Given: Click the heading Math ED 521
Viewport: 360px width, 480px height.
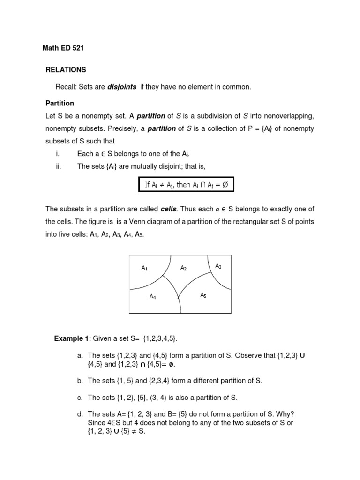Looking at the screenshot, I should pyautogui.click(x=63, y=48).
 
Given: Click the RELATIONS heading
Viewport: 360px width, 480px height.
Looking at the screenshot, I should pyautogui.click(x=66, y=70).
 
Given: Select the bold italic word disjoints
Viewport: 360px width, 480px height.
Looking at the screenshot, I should pyautogui.click(x=122, y=87).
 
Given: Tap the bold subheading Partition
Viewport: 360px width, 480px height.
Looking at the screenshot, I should pyautogui.click(x=60, y=103).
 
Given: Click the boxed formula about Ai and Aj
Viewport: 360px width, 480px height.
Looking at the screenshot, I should pyautogui.click(x=186, y=185).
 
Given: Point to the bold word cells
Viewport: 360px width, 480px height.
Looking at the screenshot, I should pyautogui.click(x=169, y=209).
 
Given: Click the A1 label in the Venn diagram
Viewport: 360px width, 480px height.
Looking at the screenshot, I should pyautogui.click(x=145, y=268).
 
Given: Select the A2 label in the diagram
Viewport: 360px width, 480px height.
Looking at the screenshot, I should pyautogui.click(x=184, y=268).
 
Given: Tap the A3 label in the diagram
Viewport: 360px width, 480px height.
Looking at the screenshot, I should pyautogui.click(x=218, y=266).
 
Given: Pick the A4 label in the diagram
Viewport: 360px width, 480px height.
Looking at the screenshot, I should pyautogui.click(x=153, y=296).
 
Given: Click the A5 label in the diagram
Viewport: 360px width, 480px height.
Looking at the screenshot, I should pyautogui.click(x=203, y=295).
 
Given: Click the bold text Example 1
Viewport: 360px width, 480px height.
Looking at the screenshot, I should pyautogui.click(x=71, y=338).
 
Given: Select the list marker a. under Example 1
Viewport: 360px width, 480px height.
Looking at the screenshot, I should pyautogui.click(x=81, y=356).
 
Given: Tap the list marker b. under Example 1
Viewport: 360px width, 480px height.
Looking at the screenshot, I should pyautogui.click(x=81, y=381).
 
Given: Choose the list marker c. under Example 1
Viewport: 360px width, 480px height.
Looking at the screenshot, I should pyautogui.click(x=81, y=397).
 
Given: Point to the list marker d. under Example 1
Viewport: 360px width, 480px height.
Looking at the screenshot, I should pyautogui.click(x=81, y=414).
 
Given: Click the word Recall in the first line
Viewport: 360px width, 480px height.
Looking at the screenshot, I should pyautogui.click(x=66, y=87).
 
